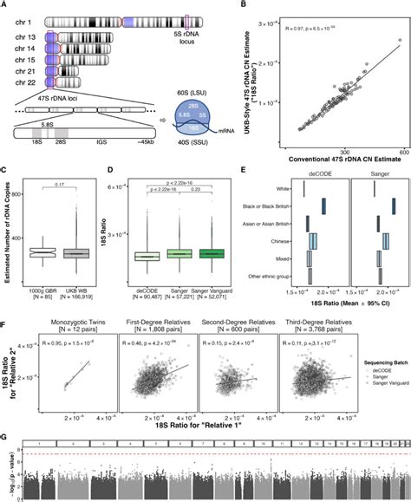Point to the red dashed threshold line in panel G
[x=208, y=453]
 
